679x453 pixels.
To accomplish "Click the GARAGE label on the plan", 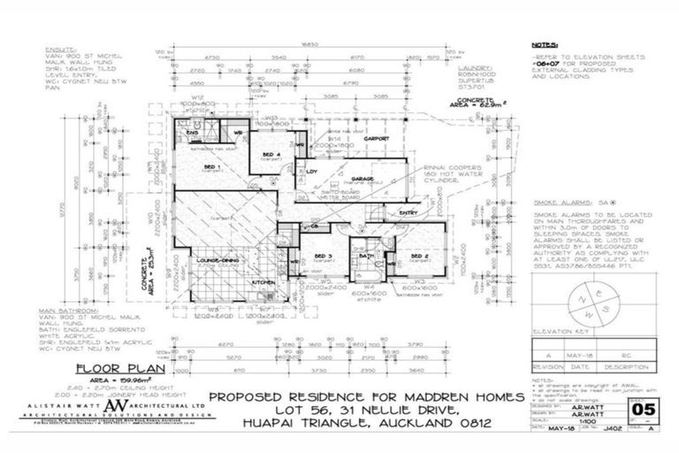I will pyautogui.click(x=362, y=178).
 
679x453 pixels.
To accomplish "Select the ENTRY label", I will pyautogui.click(x=408, y=212).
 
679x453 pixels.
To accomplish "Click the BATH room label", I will pyautogui.click(x=367, y=253).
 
